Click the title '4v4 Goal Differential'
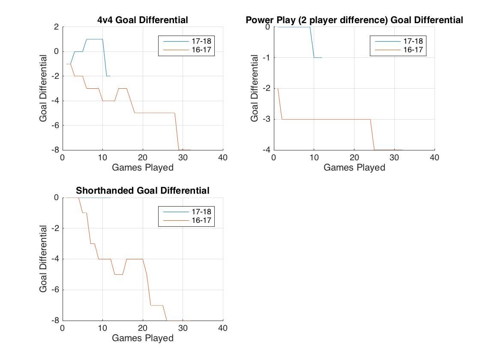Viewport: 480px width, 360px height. (x=143, y=20)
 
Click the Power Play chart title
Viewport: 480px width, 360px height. (x=354, y=20)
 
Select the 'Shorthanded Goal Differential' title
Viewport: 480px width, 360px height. (x=143, y=190)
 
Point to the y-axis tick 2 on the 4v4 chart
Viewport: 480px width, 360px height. (x=56, y=27)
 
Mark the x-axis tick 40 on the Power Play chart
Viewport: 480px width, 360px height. (x=435, y=158)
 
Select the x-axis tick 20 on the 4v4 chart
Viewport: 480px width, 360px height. (x=143, y=158)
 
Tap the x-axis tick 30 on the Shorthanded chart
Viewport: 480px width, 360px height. (x=183, y=328)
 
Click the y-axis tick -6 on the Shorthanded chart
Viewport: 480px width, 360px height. (x=54, y=290)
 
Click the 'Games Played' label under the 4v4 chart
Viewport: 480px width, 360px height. (x=143, y=168)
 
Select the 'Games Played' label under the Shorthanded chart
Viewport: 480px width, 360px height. (x=143, y=338)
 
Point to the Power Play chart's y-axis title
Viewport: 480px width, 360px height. (x=255, y=88)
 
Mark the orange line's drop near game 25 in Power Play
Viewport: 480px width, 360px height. (x=372, y=135)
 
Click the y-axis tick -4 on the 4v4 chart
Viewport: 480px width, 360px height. (x=54, y=101)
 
